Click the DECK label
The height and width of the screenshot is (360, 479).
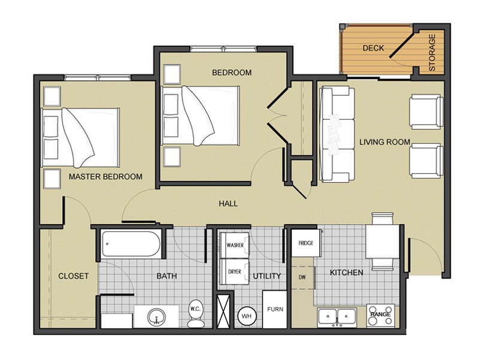pyautogui.click(x=373, y=48)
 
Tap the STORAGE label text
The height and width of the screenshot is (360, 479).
pyautogui.click(x=432, y=53)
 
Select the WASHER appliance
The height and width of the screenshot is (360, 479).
pyautogui.click(x=235, y=245)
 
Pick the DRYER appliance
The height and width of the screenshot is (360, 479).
pyautogui.click(x=235, y=271)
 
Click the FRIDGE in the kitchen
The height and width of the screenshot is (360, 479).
pyautogui.click(x=306, y=243)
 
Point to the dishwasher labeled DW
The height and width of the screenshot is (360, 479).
pyautogui.click(x=302, y=277)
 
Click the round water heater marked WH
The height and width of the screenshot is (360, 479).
pyautogui.click(x=247, y=316)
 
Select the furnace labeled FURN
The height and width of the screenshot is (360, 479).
pyautogui.click(x=275, y=309)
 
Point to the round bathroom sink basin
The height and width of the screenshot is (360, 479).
pyautogui.click(x=156, y=317)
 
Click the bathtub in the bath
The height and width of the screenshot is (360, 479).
pyautogui.click(x=131, y=244)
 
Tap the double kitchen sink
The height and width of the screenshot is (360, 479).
pyautogui.click(x=336, y=317)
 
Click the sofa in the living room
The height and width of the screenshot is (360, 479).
pyautogui.click(x=336, y=134)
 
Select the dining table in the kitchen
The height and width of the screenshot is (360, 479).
pyautogui.click(x=383, y=242)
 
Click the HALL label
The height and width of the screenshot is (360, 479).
pyautogui.click(x=228, y=204)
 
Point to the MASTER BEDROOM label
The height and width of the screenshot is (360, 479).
pyautogui.click(x=105, y=177)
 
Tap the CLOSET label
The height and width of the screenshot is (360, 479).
pyautogui.click(x=73, y=276)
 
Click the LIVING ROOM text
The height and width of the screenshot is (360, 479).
pyautogui.click(x=384, y=142)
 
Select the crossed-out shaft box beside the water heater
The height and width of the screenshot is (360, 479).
pyautogui.click(x=223, y=310)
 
